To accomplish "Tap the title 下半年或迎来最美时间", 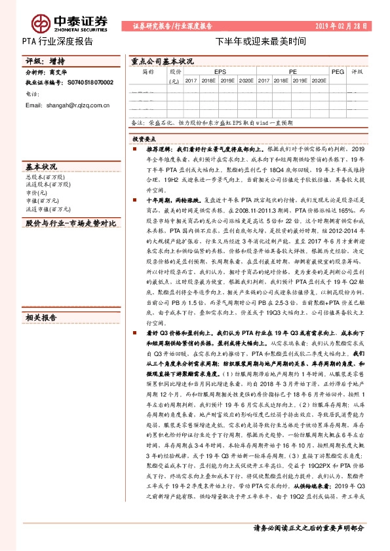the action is click(261, 41).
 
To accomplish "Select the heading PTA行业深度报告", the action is click(58, 41).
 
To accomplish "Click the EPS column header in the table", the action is click(218, 71).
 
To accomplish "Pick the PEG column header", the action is click(338, 71).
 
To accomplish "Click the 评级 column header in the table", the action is click(357, 71).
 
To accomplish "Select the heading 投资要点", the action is click(144, 139).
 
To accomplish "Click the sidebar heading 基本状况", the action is click(41, 166).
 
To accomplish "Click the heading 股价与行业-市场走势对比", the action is click(70, 224).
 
